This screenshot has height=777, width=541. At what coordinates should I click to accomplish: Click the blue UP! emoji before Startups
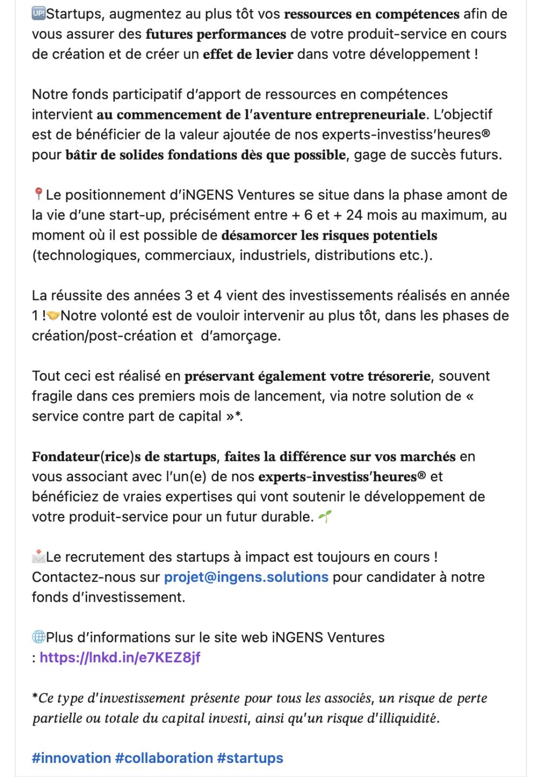coord(38,14)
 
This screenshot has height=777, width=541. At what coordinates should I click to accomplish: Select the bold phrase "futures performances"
coord(215,35)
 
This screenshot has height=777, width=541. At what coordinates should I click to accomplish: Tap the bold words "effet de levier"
coord(248,55)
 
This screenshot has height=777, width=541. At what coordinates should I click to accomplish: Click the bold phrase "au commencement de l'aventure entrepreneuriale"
coord(261,115)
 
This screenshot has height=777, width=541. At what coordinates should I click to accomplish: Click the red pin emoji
coord(38,195)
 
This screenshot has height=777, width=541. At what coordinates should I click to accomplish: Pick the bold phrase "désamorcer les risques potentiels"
coord(329,236)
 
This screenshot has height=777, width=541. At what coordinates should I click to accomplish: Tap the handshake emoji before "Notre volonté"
coord(53,315)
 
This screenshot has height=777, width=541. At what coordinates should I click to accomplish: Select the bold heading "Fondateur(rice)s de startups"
coord(124,457)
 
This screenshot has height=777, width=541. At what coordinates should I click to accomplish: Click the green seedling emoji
coord(325,517)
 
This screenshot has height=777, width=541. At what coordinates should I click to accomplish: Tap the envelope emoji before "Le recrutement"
coord(38,557)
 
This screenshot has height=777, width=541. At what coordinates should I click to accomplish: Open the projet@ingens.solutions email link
coord(246,577)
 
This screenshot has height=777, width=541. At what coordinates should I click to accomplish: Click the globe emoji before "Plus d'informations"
coord(38,637)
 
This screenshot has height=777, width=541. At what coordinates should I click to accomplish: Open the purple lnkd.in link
coord(120,658)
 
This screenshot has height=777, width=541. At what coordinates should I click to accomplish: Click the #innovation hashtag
coord(71,758)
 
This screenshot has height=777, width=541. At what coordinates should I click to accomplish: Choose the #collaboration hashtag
coord(164,758)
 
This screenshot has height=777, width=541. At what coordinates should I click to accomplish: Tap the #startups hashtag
coord(250,758)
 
